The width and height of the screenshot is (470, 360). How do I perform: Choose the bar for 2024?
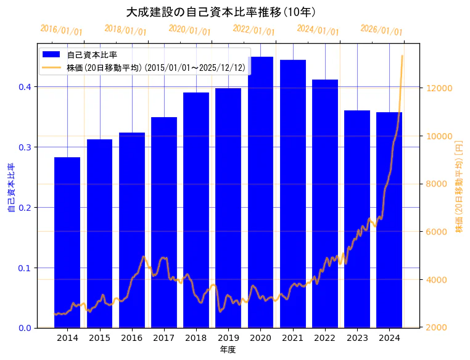pyautogui.click(x=389, y=216)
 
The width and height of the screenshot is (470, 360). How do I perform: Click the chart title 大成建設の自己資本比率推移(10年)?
pyautogui.click(x=221, y=12)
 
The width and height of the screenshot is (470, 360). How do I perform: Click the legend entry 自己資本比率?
pyautogui.click(x=92, y=55)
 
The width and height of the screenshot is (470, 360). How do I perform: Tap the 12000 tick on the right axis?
pyautogui.click(x=440, y=88)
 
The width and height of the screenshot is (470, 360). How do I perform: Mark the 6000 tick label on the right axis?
pyautogui.click(x=438, y=232)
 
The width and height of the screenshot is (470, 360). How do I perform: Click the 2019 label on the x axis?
pyautogui.click(x=228, y=338)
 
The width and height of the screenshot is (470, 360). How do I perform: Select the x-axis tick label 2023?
pyautogui.click(x=357, y=338)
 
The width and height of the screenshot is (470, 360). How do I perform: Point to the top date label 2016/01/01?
pyautogui.click(x=61, y=30)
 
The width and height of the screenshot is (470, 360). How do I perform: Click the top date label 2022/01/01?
pyautogui.click(x=254, y=30)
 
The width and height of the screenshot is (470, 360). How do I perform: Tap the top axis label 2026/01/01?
pyautogui.click(x=381, y=30)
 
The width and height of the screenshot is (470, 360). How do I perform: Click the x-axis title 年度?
pyautogui.click(x=228, y=350)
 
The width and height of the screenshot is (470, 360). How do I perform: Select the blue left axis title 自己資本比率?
pyautogui.click(x=10, y=188)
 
